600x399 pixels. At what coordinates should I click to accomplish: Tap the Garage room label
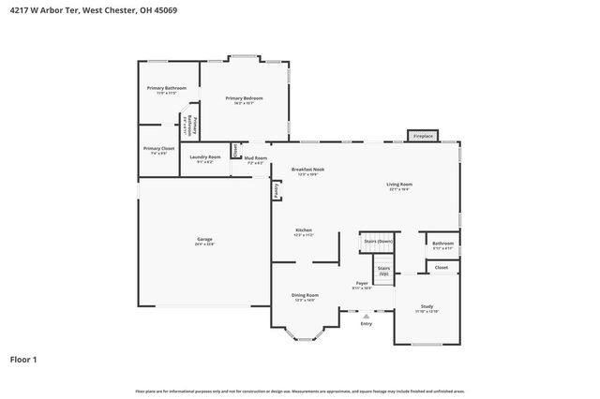coord(204,242)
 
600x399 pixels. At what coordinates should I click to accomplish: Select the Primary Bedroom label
coord(244,99)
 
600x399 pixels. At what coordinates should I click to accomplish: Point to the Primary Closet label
coord(158,150)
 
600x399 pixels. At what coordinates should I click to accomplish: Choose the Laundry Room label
coord(204,158)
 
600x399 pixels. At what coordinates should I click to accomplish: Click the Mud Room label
coord(256,159)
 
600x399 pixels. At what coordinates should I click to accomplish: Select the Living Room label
coord(399,185)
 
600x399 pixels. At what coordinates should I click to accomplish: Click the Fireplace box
coord(424,137)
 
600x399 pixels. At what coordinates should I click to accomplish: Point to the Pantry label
coord(276,190)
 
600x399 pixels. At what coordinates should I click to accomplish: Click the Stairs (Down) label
coord(378,242)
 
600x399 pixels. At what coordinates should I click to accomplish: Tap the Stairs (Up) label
coord(383,271)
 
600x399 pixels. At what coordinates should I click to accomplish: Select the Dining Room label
coord(306,297)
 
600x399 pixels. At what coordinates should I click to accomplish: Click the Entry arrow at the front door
coord(366,318)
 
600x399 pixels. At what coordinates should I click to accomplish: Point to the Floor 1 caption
coord(24,359)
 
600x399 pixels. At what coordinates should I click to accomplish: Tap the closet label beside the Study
coord(441,268)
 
